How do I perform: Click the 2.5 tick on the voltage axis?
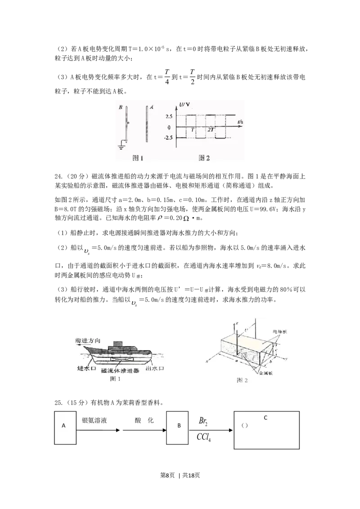[x=169, y=116]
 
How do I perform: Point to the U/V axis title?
[x=185, y=105]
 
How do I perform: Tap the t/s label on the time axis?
[x=241, y=122]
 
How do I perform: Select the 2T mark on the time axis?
[x=211, y=130]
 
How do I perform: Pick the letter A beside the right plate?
[x=152, y=107]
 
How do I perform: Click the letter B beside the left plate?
[x=121, y=107]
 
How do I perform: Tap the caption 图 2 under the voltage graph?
[x=204, y=158]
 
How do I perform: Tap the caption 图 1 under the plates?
[x=138, y=158]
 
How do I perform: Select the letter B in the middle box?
[x=179, y=425]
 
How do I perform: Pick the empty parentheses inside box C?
[x=245, y=425]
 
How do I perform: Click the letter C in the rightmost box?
[x=265, y=418]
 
